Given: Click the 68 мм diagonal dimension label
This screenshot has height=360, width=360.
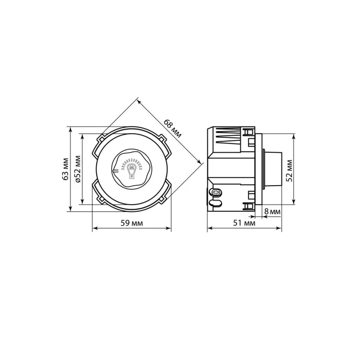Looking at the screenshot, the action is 172,129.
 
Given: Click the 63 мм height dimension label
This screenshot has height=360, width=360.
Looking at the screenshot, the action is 66,169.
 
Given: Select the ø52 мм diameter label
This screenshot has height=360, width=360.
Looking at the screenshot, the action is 78,169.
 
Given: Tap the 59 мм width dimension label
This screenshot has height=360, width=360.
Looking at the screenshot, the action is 132,223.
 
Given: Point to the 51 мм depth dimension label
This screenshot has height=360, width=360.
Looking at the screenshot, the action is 244,223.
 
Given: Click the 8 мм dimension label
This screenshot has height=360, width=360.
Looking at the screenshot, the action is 272,211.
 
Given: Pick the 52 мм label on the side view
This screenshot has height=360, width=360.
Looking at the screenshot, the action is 290,171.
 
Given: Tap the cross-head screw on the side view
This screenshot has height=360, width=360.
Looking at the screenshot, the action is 216,192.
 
